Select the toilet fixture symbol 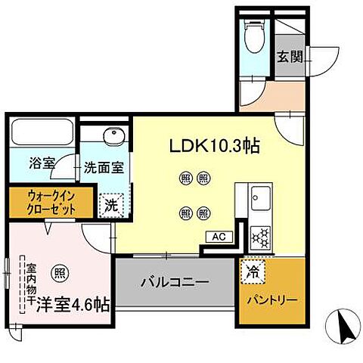point(254,33)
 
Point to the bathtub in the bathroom point(41,134)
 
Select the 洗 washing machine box point(110,203)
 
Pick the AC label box point(219,237)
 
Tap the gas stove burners point(262,237)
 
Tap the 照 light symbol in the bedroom point(58,272)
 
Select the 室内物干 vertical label point(31,286)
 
